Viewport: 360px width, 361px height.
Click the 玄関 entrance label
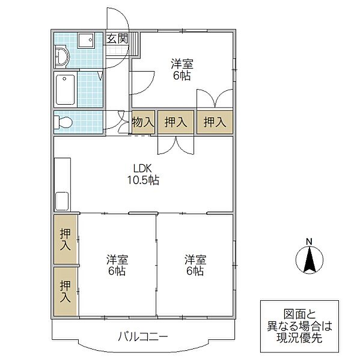(117, 39)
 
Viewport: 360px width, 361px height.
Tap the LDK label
(142, 168)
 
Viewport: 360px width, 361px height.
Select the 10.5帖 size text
(143, 180)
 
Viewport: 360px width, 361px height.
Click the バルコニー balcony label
(143, 336)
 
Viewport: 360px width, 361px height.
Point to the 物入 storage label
(143, 122)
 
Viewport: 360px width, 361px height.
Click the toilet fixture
(63, 122)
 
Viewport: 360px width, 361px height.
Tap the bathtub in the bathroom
(66, 89)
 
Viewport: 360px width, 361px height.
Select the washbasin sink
(62, 57)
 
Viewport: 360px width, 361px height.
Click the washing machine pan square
(86, 40)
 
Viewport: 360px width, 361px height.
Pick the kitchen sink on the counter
(62, 201)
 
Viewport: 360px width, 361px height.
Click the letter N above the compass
(309, 242)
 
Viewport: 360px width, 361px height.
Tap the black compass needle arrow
(310, 259)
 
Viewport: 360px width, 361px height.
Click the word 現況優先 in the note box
(299, 338)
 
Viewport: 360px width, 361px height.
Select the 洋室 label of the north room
(182, 64)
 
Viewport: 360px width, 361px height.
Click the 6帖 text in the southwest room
(117, 271)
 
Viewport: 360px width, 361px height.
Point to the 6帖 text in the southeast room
(195, 271)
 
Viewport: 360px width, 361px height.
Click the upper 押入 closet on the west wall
(66, 239)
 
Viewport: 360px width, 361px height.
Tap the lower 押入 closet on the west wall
(66, 291)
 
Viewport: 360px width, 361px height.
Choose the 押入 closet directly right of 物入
(175, 122)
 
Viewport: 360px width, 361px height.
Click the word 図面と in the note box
(299, 314)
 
